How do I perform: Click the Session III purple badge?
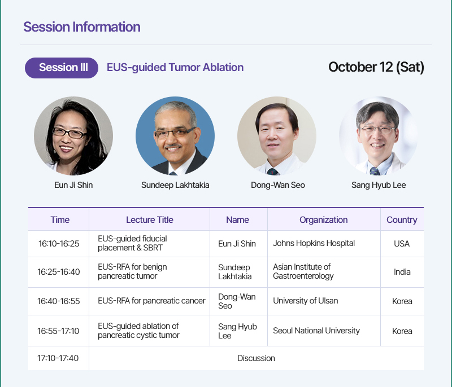(62, 68)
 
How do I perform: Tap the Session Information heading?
(82, 27)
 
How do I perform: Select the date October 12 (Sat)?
(376, 67)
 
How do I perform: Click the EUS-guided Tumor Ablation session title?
(175, 68)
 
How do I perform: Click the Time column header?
(60, 220)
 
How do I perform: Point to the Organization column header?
(323, 220)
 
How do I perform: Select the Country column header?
(402, 220)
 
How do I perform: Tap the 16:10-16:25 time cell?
(59, 244)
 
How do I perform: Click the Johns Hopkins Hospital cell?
(314, 243)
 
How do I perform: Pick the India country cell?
(402, 272)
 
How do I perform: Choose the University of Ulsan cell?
(306, 301)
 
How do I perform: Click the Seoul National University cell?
(316, 331)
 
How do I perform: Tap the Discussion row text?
(256, 358)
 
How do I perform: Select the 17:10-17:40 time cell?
(58, 358)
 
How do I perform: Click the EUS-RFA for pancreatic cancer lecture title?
(151, 301)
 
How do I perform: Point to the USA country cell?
(402, 244)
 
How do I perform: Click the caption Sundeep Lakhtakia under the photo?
(175, 185)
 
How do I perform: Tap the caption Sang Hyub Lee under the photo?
(379, 185)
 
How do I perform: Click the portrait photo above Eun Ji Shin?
(73, 136)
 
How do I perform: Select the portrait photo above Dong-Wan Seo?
(277, 136)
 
